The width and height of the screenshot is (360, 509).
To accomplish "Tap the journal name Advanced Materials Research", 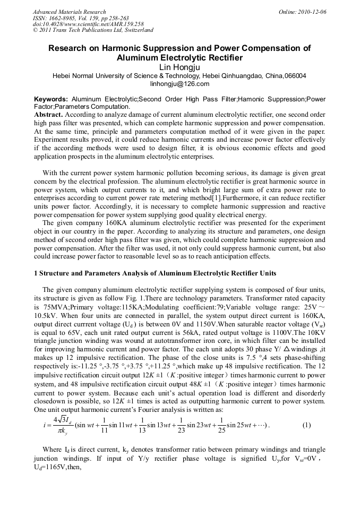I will point(69,12).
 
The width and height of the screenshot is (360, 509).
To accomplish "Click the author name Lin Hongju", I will point(179,67).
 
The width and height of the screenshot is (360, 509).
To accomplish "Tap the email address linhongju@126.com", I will point(179,84).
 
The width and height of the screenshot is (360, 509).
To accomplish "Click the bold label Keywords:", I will point(51,99).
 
